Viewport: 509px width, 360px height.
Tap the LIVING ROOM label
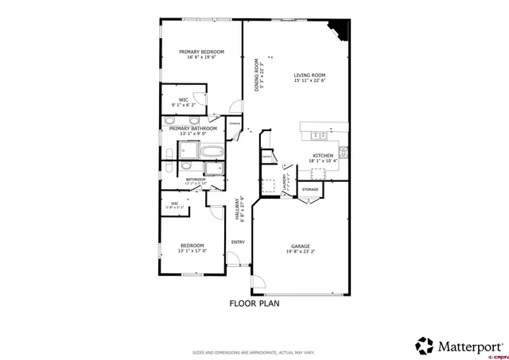310,75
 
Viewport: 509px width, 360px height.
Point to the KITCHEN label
322,156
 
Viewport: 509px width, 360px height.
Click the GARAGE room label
300,246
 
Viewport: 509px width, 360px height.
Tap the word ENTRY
238,242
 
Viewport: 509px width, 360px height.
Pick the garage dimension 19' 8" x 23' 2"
300,252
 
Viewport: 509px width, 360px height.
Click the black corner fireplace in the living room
340,29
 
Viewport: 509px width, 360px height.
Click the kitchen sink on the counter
318,134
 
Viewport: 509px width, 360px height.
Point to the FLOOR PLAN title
254,304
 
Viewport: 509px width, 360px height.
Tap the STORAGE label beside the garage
310,189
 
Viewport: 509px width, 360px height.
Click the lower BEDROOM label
192,246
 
